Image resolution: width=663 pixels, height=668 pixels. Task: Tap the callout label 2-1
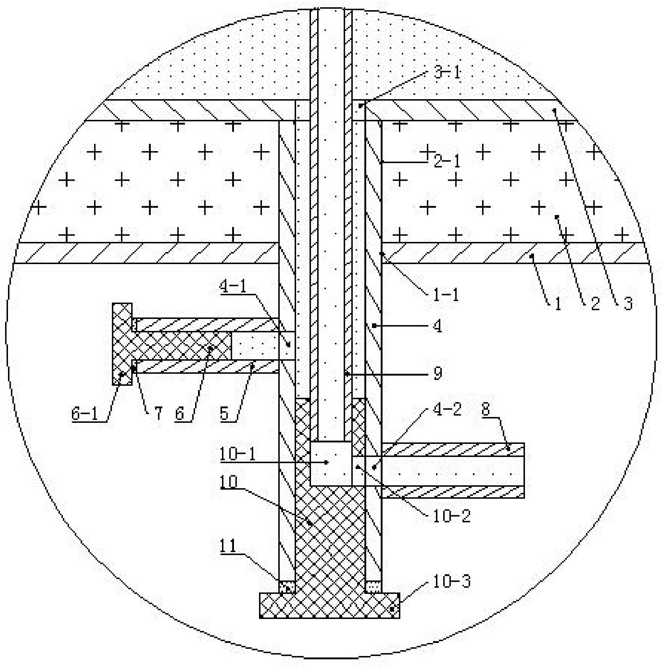pyautogui.click(x=447, y=161)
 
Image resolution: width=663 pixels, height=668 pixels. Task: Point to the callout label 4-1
pyautogui.click(x=233, y=287)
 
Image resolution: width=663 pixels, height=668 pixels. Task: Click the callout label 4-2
pyautogui.click(x=447, y=409)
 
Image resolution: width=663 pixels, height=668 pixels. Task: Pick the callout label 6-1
pyautogui.click(x=84, y=414)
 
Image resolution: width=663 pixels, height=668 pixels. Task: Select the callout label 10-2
pyautogui.click(x=452, y=516)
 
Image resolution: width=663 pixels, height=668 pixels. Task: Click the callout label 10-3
pyautogui.click(x=452, y=582)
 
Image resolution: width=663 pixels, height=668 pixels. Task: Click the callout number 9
pyautogui.click(x=438, y=373)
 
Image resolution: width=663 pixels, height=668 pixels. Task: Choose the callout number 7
pyautogui.click(x=158, y=414)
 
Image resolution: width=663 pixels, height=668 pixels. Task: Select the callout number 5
pyautogui.click(x=224, y=414)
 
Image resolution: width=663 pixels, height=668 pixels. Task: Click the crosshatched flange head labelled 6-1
pyautogui.click(x=122, y=343)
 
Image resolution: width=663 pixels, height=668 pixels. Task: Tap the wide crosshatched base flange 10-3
pyautogui.click(x=329, y=606)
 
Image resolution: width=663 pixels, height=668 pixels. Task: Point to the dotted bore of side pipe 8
pyautogui.click(x=450, y=471)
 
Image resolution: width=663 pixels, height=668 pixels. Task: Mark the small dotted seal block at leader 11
pyautogui.click(x=287, y=587)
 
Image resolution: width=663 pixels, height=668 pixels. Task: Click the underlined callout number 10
pyautogui.click(x=228, y=482)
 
